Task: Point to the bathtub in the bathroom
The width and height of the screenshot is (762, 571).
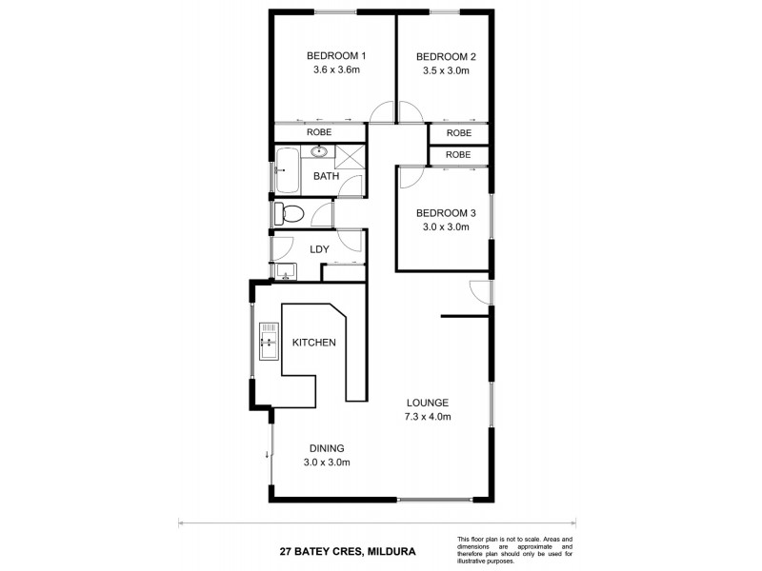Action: point(287,172)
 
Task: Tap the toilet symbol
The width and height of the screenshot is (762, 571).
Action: point(289,213)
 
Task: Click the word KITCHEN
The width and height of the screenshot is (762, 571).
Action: point(313,343)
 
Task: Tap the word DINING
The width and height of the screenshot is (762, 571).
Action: point(326,449)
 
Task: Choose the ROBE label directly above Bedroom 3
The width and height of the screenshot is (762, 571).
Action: point(458,154)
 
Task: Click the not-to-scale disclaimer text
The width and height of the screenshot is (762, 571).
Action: point(514,547)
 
